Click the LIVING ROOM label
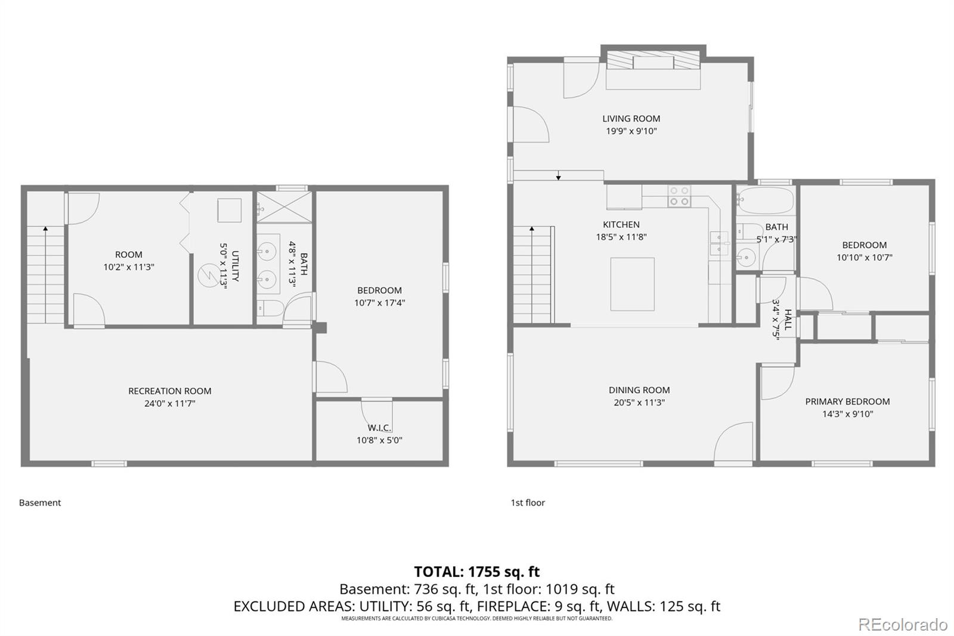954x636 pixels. [x=631, y=119]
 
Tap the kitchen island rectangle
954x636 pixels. [x=632, y=284]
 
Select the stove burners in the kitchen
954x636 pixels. [x=679, y=196]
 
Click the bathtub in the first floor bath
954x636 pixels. [x=765, y=201]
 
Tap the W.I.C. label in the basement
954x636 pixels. [x=379, y=428]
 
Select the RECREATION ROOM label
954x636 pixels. [x=169, y=391]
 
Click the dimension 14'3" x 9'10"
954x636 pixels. [x=847, y=414]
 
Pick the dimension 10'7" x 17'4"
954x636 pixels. [x=379, y=302]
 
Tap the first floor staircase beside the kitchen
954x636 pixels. [x=532, y=274]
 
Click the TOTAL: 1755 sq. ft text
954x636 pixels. [x=476, y=572]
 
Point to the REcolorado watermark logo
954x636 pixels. [x=902, y=624]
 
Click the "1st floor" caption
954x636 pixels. [x=527, y=503]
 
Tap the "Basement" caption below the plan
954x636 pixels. [x=40, y=503]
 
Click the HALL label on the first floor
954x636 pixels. [x=788, y=319]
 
